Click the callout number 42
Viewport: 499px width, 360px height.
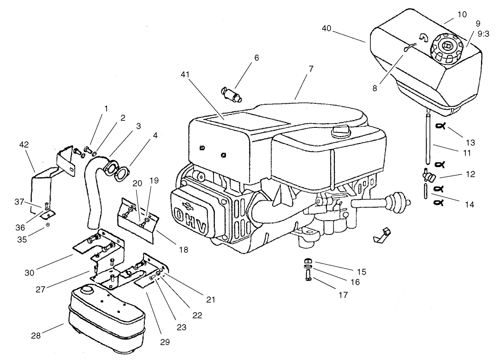(24, 144)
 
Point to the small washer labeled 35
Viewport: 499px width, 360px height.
(48, 225)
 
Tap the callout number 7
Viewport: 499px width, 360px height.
(311, 68)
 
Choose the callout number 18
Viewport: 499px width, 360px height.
(184, 250)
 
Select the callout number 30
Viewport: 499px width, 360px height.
(30, 272)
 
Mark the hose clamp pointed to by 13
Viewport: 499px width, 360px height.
(441, 126)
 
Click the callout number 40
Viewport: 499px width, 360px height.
(327, 29)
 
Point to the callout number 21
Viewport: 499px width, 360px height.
(211, 300)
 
